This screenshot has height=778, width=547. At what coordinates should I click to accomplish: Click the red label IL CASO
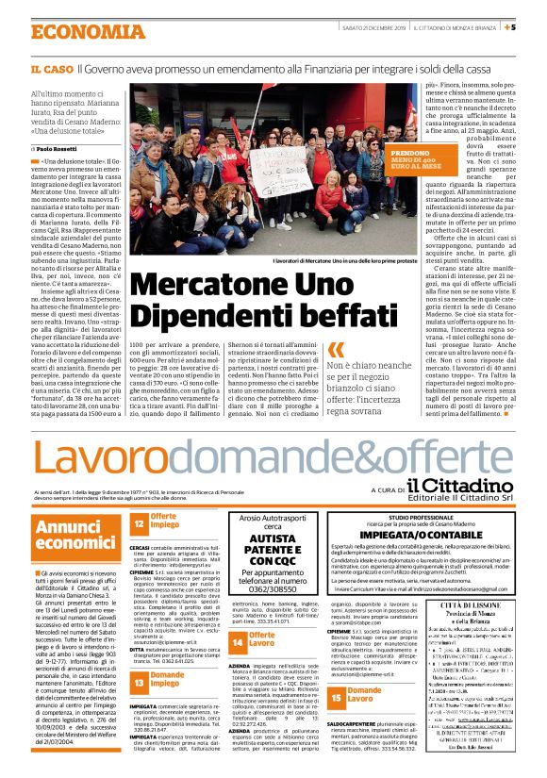coord(51,71)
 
